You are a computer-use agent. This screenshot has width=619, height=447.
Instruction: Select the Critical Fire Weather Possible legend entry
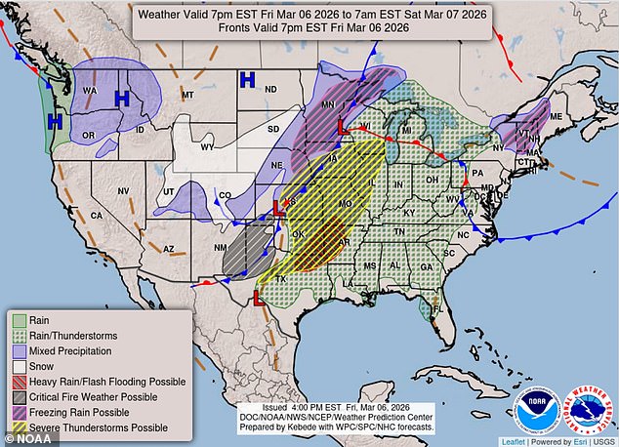tap(98, 397)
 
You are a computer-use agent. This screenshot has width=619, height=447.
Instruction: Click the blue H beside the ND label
tap(248, 78)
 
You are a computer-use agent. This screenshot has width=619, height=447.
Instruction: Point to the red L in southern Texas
tap(261, 301)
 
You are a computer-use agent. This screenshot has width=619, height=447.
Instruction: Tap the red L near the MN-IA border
tap(343, 126)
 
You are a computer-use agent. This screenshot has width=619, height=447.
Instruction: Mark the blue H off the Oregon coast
tap(56, 121)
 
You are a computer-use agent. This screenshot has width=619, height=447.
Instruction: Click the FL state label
tap(437, 309)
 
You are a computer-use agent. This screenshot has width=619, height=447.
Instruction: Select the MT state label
tap(189, 95)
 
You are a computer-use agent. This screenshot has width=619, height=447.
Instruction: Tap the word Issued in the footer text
tap(280, 406)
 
